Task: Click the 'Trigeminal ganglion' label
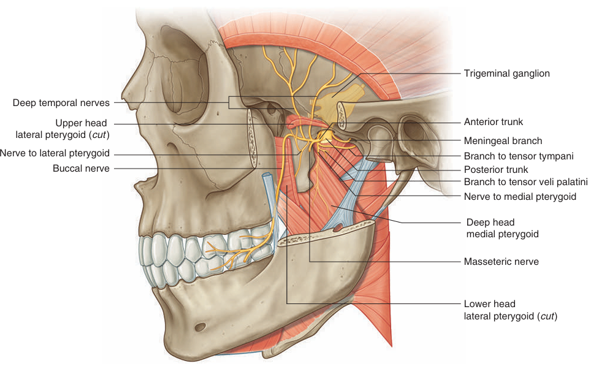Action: pos(506,74)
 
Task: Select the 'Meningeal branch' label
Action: pos(503,140)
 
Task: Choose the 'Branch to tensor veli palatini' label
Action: pos(525,182)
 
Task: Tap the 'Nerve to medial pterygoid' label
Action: pos(520,197)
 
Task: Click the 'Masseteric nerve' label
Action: pos(501,262)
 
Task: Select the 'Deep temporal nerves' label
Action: pos(61,103)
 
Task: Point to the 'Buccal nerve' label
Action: pos(81,169)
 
